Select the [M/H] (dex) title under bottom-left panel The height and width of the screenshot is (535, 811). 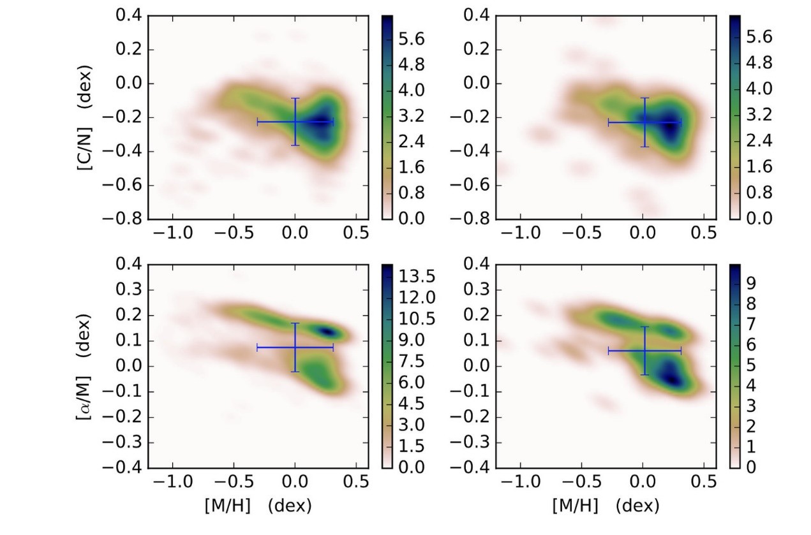point(258,506)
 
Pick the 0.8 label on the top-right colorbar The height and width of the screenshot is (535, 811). point(759,193)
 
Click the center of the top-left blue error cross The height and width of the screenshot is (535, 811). point(295,121)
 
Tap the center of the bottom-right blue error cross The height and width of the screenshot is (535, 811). point(644,350)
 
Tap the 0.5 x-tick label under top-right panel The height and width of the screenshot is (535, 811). point(704,233)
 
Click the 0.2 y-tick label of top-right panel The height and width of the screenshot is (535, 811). point(474,50)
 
